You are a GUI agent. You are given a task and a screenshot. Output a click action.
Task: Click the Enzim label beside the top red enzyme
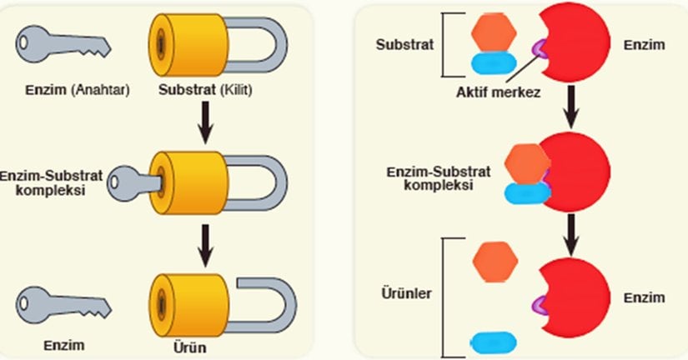(x=644, y=44)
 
